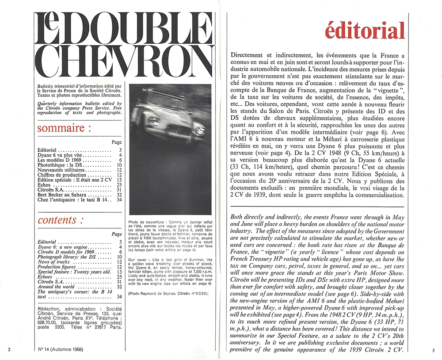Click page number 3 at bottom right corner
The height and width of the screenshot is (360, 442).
click(434, 350)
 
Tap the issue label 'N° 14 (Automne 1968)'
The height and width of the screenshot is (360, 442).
click(61, 349)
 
